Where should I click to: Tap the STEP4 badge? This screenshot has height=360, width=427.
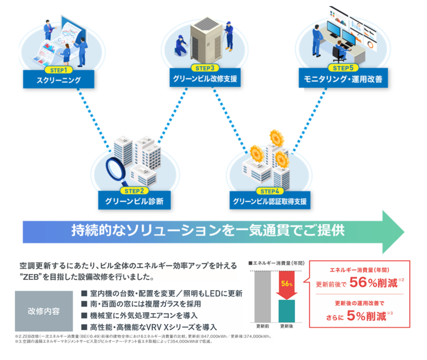point(270,191)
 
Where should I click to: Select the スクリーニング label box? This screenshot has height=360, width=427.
point(59,79)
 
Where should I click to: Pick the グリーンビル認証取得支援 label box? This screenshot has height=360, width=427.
point(270,202)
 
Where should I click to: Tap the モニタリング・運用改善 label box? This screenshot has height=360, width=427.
point(342,79)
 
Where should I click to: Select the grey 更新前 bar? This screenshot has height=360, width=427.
point(263,297)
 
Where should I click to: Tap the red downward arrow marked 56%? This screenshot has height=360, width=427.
point(287,286)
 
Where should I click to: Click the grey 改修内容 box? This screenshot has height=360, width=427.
point(44,311)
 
